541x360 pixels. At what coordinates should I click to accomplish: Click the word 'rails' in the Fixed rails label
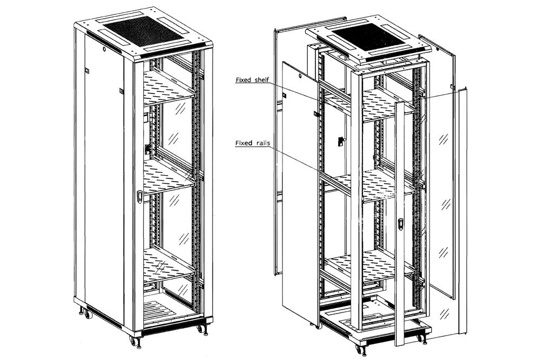tap(261, 144)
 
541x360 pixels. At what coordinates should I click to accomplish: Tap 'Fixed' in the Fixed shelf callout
tap(243, 80)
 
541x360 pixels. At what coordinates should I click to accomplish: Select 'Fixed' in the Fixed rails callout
tap(243, 144)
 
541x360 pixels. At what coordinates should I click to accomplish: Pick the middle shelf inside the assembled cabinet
tap(168, 179)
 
